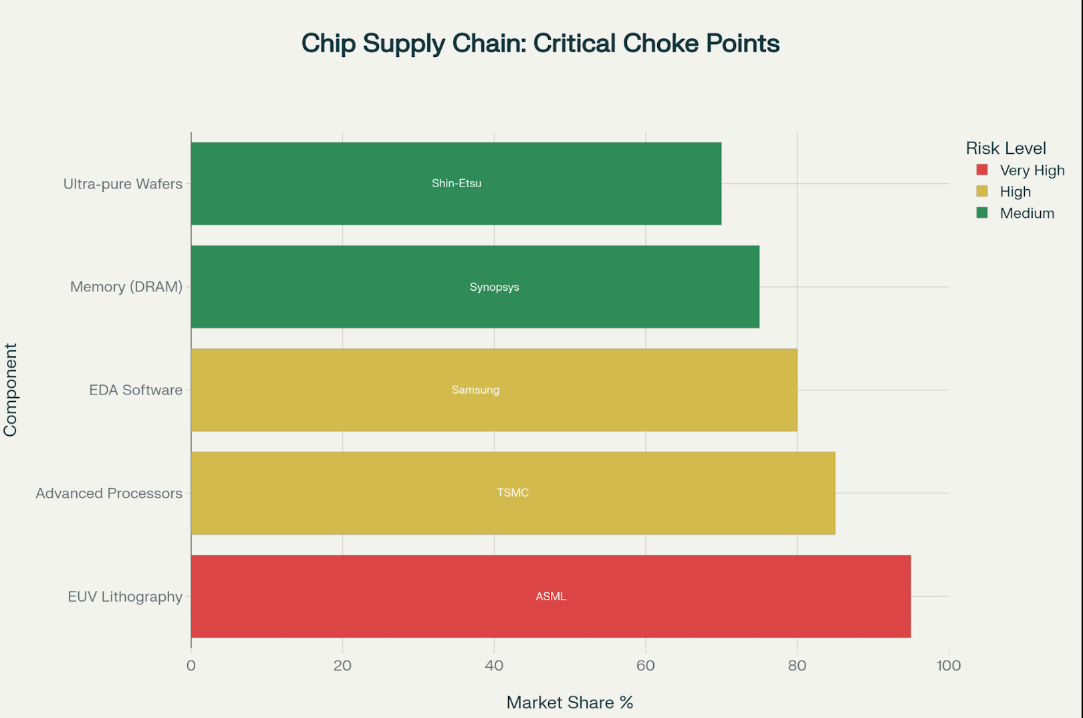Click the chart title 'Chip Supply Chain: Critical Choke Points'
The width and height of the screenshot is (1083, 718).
[x=540, y=43]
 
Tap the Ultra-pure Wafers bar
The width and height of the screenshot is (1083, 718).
[x=602, y=183]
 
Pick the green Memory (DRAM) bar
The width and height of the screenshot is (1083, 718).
[x=635, y=287]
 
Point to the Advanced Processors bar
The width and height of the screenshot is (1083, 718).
[x=669, y=493]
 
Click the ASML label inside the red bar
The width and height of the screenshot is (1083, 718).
[x=551, y=596]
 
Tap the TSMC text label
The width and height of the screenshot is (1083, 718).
[x=513, y=493]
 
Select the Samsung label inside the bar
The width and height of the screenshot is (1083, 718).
[x=475, y=390]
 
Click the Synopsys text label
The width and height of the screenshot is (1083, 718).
[x=494, y=287]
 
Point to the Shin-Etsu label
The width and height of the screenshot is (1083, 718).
[x=457, y=183]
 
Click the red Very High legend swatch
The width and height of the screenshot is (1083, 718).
[x=981, y=170]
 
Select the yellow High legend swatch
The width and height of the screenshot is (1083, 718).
[x=981, y=191]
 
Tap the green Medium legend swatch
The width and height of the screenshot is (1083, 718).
[x=981, y=213]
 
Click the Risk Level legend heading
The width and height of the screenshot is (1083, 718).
[x=1005, y=148]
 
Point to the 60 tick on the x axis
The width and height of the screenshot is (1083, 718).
[x=645, y=665]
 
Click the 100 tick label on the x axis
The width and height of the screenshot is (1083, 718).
[x=948, y=665]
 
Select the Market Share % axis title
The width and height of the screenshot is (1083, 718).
[x=570, y=702]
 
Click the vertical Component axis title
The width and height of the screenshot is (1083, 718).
[x=10, y=390]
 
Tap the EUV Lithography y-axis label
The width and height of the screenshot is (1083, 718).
[x=125, y=596]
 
